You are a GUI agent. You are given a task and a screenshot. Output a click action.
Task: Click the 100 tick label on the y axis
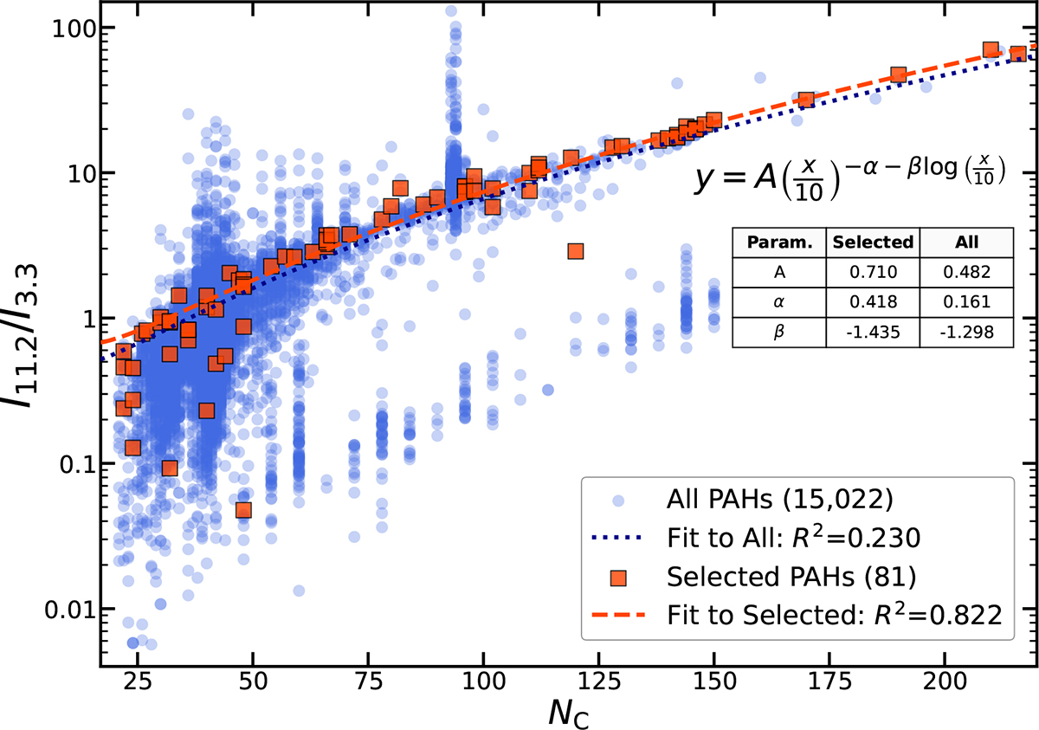point(74,29)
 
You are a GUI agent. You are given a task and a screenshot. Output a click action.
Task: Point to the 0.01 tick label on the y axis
point(69,610)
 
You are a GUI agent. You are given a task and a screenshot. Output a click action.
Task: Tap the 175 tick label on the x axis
point(829,682)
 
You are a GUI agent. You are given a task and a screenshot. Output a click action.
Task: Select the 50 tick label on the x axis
point(253,682)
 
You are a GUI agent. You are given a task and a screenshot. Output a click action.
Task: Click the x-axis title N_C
point(569,714)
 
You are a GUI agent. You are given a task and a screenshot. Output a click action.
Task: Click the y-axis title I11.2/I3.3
point(22,337)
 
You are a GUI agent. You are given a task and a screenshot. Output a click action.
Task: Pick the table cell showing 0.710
point(873,272)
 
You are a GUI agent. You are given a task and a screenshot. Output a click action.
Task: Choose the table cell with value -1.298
point(966,332)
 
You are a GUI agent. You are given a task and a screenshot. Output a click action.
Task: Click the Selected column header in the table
point(873,242)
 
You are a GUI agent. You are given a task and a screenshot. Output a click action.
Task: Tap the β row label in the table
point(779,332)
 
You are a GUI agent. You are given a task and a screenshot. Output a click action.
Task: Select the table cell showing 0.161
point(966,302)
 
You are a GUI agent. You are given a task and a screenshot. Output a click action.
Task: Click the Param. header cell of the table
point(779,242)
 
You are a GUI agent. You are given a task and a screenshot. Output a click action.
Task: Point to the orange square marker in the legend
point(618,578)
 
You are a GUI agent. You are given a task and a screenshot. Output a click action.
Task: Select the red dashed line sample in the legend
point(618,615)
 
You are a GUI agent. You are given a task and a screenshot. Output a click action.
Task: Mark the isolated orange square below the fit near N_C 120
point(575,251)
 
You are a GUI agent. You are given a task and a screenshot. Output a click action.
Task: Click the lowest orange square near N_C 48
point(243,510)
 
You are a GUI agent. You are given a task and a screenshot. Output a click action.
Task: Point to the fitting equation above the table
point(849,178)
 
